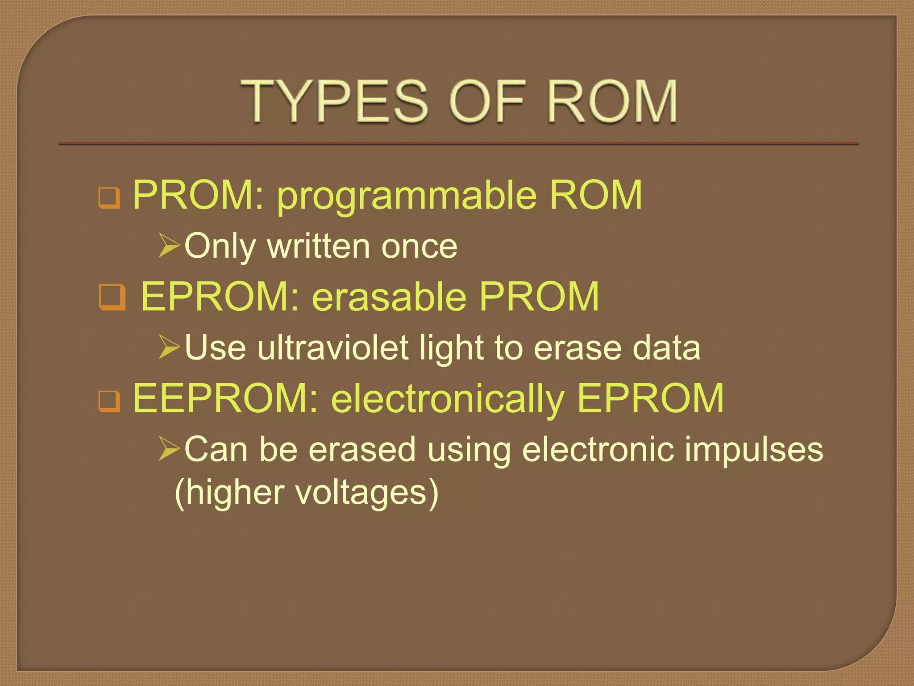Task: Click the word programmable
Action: (407, 196)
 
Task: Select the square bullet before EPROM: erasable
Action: (112, 297)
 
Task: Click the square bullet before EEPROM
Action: (109, 401)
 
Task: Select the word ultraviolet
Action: (332, 348)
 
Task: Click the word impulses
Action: (754, 450)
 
